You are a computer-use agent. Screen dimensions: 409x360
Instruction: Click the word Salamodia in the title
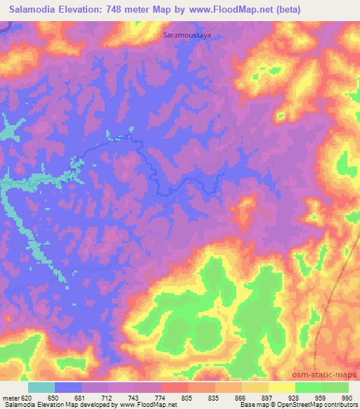(33, 9)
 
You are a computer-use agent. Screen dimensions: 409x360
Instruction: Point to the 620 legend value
(27, 397)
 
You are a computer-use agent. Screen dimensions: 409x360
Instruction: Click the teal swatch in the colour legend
(41, 387)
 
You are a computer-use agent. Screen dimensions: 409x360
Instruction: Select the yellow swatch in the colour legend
(281, 387)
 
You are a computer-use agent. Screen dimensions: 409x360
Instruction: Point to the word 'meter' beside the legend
(10, 397)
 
